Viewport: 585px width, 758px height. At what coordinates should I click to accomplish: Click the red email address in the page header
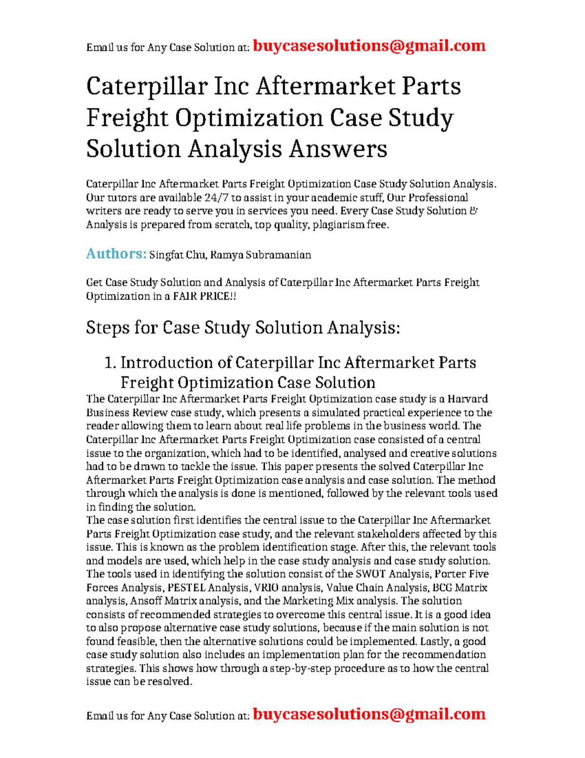pyautogui.click(x=369, y=46)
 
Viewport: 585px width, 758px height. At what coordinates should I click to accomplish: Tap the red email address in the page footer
pyautogui.click(x=369, y=714)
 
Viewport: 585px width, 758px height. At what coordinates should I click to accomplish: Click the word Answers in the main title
pyautogui.click(x=338, y=149)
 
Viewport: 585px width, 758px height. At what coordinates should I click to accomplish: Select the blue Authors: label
pyautogui.click(x=116, y=254)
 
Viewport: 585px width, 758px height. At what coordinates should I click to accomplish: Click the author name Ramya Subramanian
pyautogui.click(x=260, y=255)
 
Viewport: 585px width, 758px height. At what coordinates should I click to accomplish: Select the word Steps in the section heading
pyautogui.click(x=107, y=328)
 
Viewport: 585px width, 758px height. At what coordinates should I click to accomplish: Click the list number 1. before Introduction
pyautogui.click(x=110, y=363)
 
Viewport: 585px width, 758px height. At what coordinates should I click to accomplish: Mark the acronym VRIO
pyautogui.click(x=266, y=588)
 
